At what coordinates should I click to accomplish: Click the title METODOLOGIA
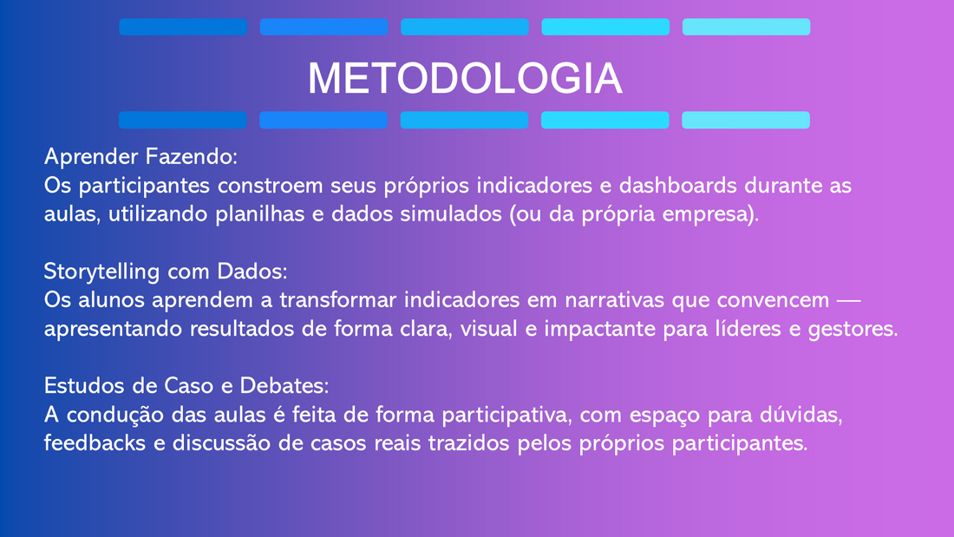pyautogui.click(x=465, y=78)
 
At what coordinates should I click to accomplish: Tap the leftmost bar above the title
pyautogui.click(x=183, y=27)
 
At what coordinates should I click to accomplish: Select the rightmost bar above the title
pyautogui.click(x=746, y=27)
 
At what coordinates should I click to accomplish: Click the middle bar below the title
pyautogui.click(x=464, y=120)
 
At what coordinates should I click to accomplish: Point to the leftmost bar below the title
pyautogui.click(x=182, y=120)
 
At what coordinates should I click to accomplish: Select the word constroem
pyautogui.click(x=270, y=186)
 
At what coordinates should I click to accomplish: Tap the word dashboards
pyautogui.click(x=678, y=185)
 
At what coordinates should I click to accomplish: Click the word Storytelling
pyautogui.click(x=101, y=272)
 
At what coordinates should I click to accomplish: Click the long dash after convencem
pyautogui.click(x=849, y=300)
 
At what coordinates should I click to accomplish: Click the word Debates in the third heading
pyautogui.click(x=284, y=385)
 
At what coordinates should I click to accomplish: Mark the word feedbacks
pyautogui.click(x=95, y=442)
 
